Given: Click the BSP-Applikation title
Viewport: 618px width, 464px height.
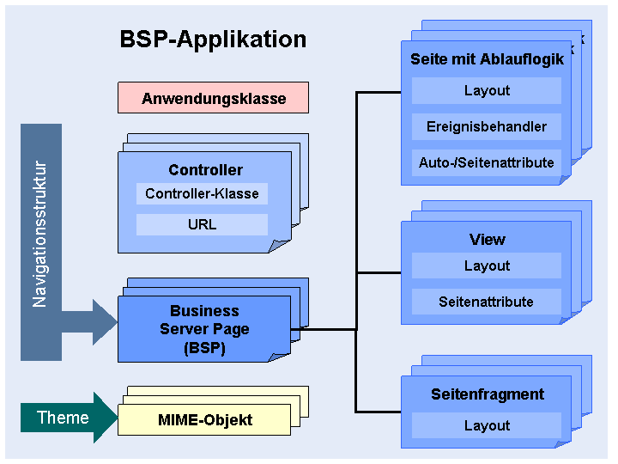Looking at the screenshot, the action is tap(213, 40).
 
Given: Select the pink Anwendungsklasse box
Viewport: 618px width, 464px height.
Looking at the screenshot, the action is tap(213, 97).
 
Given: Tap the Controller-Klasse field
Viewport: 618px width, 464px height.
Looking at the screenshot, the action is tap(202, 193).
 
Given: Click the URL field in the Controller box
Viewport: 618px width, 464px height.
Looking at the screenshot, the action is tap(202, 224).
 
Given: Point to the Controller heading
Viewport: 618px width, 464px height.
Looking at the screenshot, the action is tap(205, 169).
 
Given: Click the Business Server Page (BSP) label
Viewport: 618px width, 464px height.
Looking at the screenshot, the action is tap(204, 329).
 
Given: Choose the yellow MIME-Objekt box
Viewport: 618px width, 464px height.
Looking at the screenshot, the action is tap(204, 420).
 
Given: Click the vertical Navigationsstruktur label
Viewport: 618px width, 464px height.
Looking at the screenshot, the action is tap(39, 234).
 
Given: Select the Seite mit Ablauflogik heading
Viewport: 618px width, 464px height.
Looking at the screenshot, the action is tap(488, 59).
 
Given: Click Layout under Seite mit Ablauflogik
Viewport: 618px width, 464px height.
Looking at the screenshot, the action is tap(487, 90).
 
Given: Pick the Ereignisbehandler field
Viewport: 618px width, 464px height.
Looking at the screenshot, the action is tap(487, 126).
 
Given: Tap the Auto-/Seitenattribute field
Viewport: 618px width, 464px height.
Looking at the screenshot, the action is tap(487, 162).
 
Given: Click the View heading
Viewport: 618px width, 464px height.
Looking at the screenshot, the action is tap(488, 240).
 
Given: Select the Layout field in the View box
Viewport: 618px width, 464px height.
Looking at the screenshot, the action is tap(487, 266).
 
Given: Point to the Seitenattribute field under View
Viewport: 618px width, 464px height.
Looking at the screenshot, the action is tap(487, 302).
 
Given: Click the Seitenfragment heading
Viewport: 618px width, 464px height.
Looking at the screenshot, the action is tap(488, 394).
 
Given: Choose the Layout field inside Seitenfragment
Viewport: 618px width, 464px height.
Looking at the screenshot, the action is tap(487, 425).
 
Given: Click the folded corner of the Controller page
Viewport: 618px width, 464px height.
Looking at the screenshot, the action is tap(279, 246).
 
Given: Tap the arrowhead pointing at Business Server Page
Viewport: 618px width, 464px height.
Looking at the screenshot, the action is tap(106, 322).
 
